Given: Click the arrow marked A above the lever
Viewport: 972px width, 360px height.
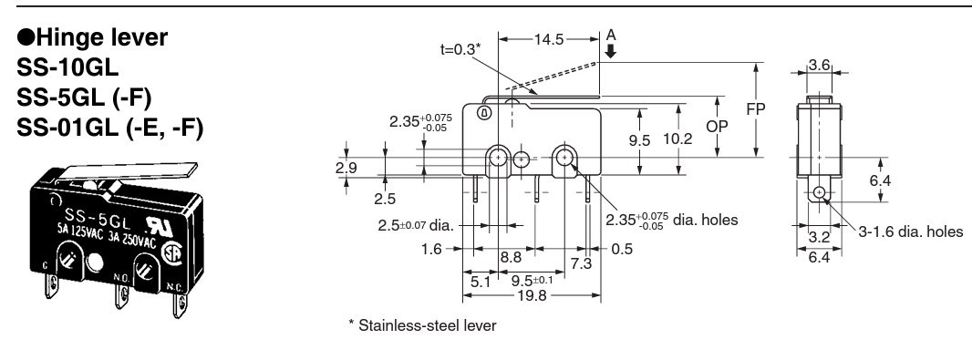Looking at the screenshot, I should coord(611,46).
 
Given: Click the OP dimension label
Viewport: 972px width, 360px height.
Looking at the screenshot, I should coord(717,126).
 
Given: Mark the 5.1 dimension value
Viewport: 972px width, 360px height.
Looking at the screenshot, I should coord(481,282).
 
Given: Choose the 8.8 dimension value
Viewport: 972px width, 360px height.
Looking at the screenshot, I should coord(511,258).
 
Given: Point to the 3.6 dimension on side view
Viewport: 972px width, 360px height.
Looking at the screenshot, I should coord(818,65).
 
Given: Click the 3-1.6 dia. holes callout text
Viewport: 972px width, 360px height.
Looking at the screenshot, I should coord(910,231).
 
